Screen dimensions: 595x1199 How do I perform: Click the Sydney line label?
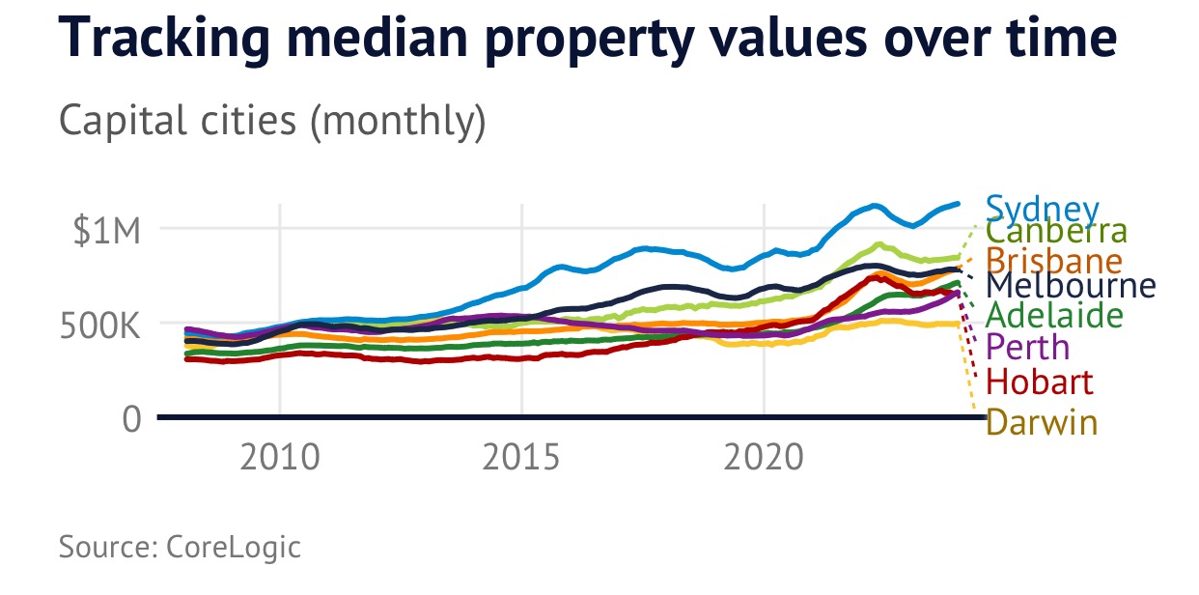[x=1043, y=210]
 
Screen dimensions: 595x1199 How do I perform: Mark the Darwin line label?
[x=1042, y=422]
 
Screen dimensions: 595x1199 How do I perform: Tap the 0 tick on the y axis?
[x=131, y=419]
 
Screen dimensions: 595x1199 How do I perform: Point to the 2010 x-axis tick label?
[x=280, y=457]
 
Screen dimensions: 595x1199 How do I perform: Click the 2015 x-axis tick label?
[x=522, y=457]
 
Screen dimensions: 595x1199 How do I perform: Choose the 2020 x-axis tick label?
[x=764, y=457]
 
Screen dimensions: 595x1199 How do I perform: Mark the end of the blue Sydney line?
[x=958, y=204]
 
